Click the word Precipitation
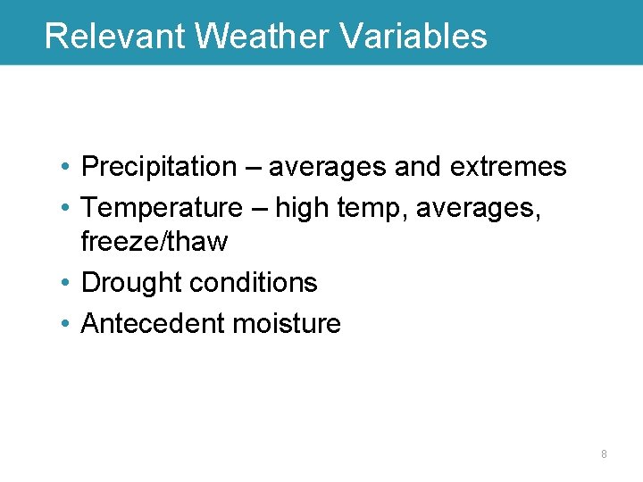[x=158, y=167]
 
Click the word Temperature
[x=162, y=208]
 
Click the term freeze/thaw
[x=154, y=242]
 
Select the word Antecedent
[x=153, y=323]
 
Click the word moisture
[x=287, y=323]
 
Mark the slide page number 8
[x=604, y=454]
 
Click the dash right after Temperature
[x=258, y=209]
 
